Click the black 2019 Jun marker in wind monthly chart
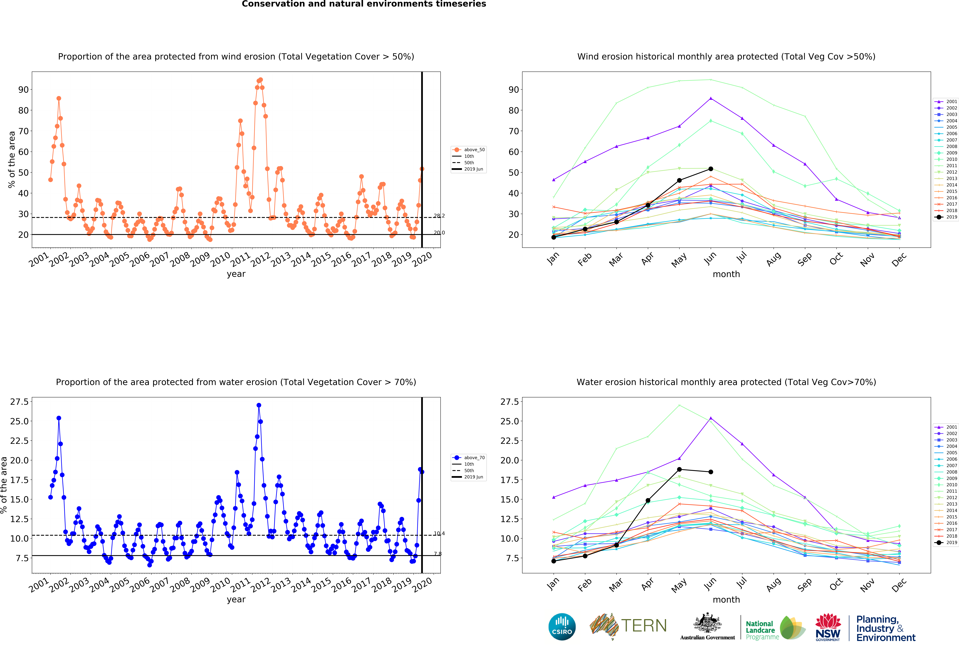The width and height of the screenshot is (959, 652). coord(711,169)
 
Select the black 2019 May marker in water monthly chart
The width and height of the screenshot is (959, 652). coord(679,469)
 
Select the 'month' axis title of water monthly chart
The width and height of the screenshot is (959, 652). coord(726,600)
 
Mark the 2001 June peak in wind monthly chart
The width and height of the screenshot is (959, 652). coord(711,98)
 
